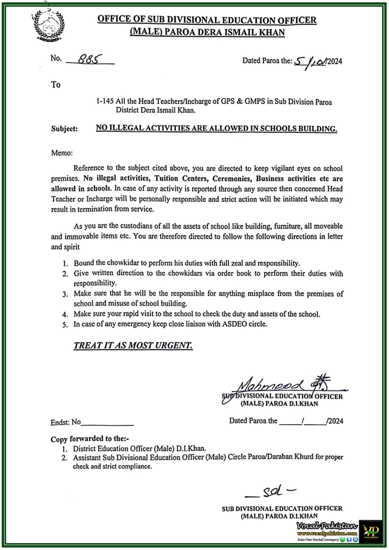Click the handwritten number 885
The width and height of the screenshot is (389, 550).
pyautogui.click(x=89, y=59)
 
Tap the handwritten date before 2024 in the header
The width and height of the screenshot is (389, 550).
pyautogui.click(x=310, y=61)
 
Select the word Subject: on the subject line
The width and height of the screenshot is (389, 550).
pyautogui.click(x=64, y=129)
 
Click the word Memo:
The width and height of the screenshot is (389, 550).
pyautogui.click(x=62, y=153)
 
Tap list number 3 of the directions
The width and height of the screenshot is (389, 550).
pyautogui.click(x=65, y=295)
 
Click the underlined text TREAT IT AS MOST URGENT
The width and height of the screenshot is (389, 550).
pyautogui.click(x=133, y=345)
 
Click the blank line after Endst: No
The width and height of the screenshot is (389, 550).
pyautogui.click(x=107, y=423)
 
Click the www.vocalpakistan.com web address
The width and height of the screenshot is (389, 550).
pyautogui.click(x=327, y=533)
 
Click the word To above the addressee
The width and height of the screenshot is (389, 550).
pyautogui.click(x=56, y=85)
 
